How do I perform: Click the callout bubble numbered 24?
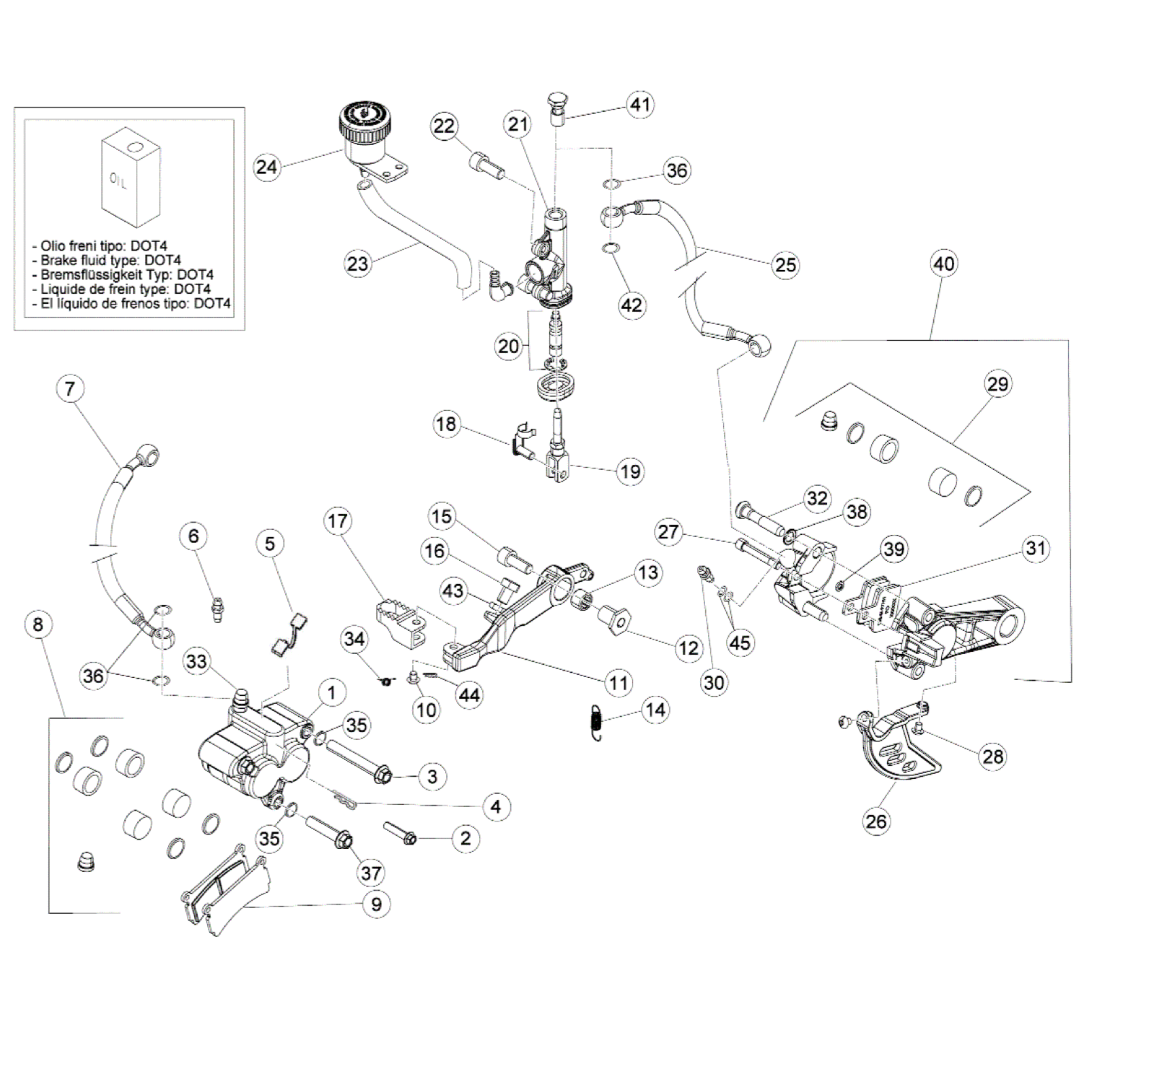[x=266, y=167]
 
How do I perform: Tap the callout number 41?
[x=639, y=105]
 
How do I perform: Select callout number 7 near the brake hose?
[x=69, y=389]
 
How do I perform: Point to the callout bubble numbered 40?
[x=943, y=264]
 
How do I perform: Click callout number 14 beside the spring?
[x=655, y=710]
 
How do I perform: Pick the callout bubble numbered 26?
[x=875, y=821]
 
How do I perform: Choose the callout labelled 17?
[x=338, y=521]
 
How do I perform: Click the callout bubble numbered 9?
[x=376, y=904]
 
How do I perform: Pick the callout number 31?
[x=1036, y=549]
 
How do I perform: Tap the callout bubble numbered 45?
[x=740, y=642]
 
